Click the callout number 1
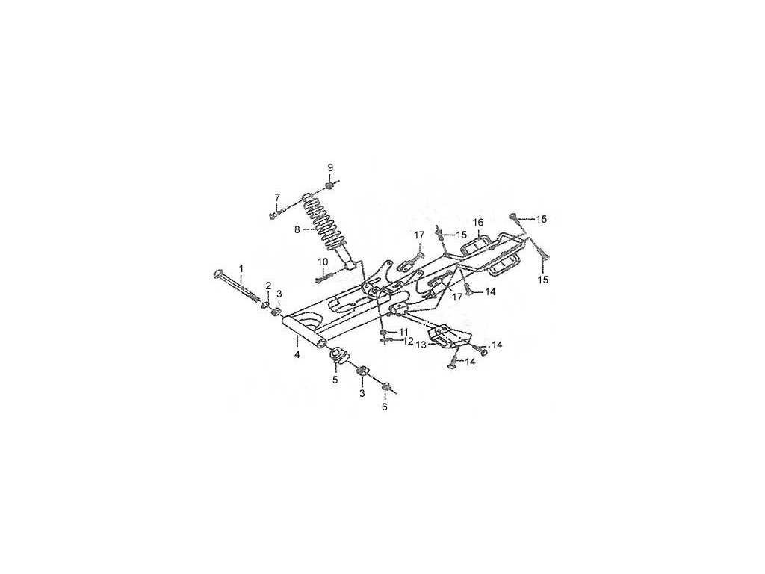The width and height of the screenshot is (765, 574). pos(241,268)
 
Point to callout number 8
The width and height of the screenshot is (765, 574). pos(297,231)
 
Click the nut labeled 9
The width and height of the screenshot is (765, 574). pos(330,186)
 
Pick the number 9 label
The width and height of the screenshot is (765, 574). pos(330,167)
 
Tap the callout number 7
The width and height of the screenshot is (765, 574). pos(277,197)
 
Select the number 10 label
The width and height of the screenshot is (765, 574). pos(323,262)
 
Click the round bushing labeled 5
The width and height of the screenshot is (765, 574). pos(338,355)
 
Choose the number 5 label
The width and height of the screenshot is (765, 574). pos(335,380)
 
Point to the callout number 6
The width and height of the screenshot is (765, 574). pos(385,407)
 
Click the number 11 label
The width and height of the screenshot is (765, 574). pos(403,331)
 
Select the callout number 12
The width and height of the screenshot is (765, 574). pos(408,342)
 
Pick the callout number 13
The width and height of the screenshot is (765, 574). pos(421,345)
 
